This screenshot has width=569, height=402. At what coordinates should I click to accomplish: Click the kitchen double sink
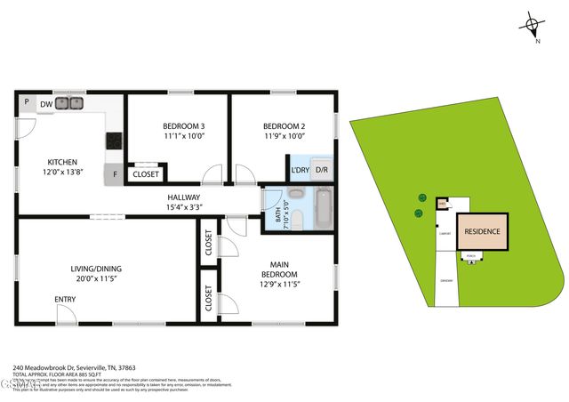pyautogui.click(x=68, y=103)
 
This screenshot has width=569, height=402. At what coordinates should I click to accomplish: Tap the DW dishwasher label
pyautogui.click(x=44, y=104)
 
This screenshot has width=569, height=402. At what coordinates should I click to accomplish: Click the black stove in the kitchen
pyautogui.click(x=113, y=141)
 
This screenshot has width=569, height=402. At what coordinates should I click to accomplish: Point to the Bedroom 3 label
pyautogui.click(x=184, y=125)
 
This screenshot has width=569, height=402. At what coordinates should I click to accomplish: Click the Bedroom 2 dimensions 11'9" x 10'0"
pyautogui.click(x=284, y=136)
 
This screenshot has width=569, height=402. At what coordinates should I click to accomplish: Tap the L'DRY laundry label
pyautogui.click(x=300, y=170)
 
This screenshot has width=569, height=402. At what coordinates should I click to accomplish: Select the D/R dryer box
pyautogui.click(x=322, y=170)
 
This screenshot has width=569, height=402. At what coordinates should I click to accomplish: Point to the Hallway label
pyautogui.click(x=184, y=197)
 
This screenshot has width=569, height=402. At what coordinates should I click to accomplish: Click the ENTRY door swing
pyautogui.click(x=66, y=310)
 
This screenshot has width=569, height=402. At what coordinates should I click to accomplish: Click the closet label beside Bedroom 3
pyautogui.click(x=146, y=174)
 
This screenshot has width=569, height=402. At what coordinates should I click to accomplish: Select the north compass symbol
pyautogui.click(x=533, y=25)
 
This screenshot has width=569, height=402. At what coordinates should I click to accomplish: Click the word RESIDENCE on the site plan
pyautogui.click(x=483, y=232)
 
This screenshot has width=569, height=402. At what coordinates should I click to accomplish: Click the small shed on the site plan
pyautogui.click(x=443, y=204)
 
